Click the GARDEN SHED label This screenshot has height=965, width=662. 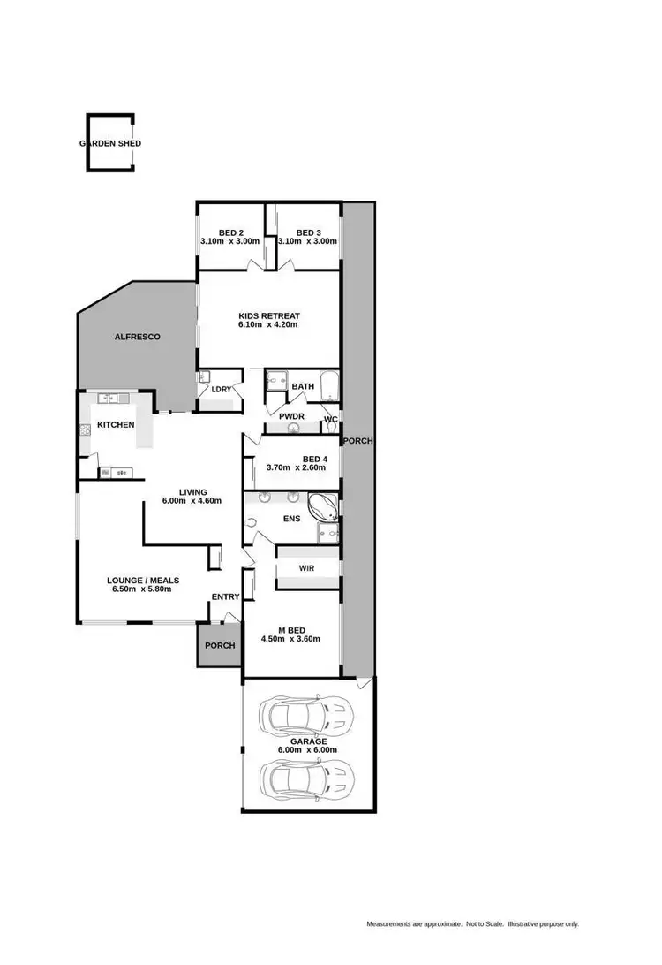click(110, 143)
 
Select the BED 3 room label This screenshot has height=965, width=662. click(307, 233)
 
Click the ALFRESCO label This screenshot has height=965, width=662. click(136, 337)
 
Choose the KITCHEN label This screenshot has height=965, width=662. click(116, 425)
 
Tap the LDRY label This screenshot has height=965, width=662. click(221, 389)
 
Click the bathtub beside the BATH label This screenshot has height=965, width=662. click(328, 385)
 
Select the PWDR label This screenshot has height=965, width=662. click(291, 416)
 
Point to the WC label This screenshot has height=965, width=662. click(331, 419)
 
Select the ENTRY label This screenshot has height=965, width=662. click(225, 597)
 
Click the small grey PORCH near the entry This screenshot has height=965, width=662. click(220, 645)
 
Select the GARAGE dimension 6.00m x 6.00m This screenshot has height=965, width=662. click(308, 750)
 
